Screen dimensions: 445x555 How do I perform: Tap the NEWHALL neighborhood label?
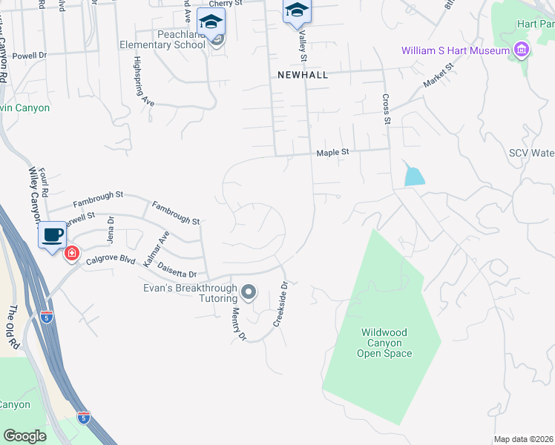coord(302,75)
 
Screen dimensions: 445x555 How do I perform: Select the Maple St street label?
coord(332,153)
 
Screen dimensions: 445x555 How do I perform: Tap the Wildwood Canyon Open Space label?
coord(386,343)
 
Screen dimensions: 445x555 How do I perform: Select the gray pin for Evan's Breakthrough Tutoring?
coord(249,292)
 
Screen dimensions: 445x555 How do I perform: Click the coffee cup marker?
coord(52,234)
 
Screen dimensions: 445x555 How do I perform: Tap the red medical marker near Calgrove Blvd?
coord(71,254)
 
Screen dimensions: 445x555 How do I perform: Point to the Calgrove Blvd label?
coord(110,260)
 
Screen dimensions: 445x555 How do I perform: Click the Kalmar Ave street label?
coord(157,249)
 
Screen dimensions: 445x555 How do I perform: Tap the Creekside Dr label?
coord(280,305)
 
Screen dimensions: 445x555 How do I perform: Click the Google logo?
coord(24,436)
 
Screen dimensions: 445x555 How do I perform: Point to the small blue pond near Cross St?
coord(414,177)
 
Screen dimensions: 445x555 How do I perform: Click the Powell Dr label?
coord(30,55)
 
